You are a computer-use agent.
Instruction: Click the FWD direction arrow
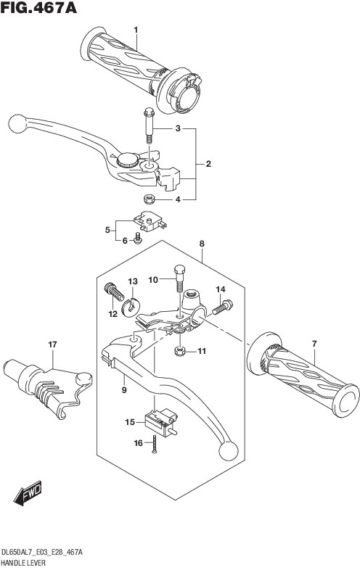click(x=28, y=493)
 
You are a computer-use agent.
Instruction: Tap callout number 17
click(x=53, y=344)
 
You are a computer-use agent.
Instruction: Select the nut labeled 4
click(x=149, y=199)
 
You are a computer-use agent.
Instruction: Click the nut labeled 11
click(x=179, y=351)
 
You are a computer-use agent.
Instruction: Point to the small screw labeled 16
click(x=155, y=444)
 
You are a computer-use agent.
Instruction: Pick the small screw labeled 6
click(x=138, y=239)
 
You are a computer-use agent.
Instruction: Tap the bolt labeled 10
click(x=180, y=278)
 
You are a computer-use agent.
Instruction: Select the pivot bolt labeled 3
click(x=150, y=125)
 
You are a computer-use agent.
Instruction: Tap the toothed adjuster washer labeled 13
click(x=130, y=306)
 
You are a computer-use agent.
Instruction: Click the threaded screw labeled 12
click(x=114, y=292)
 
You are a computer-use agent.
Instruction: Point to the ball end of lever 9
click(x=229, y=451)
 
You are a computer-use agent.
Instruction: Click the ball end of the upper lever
click(x=17, y=123)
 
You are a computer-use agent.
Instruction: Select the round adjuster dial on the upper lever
click(x=128, y=160)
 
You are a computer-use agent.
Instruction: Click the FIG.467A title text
click(x=39, y=8)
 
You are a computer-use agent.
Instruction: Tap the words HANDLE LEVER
click(x=24, y=563)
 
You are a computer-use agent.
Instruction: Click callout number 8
click(x=202, y=244)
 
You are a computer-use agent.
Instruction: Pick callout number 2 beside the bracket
click(x=208, y=164)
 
